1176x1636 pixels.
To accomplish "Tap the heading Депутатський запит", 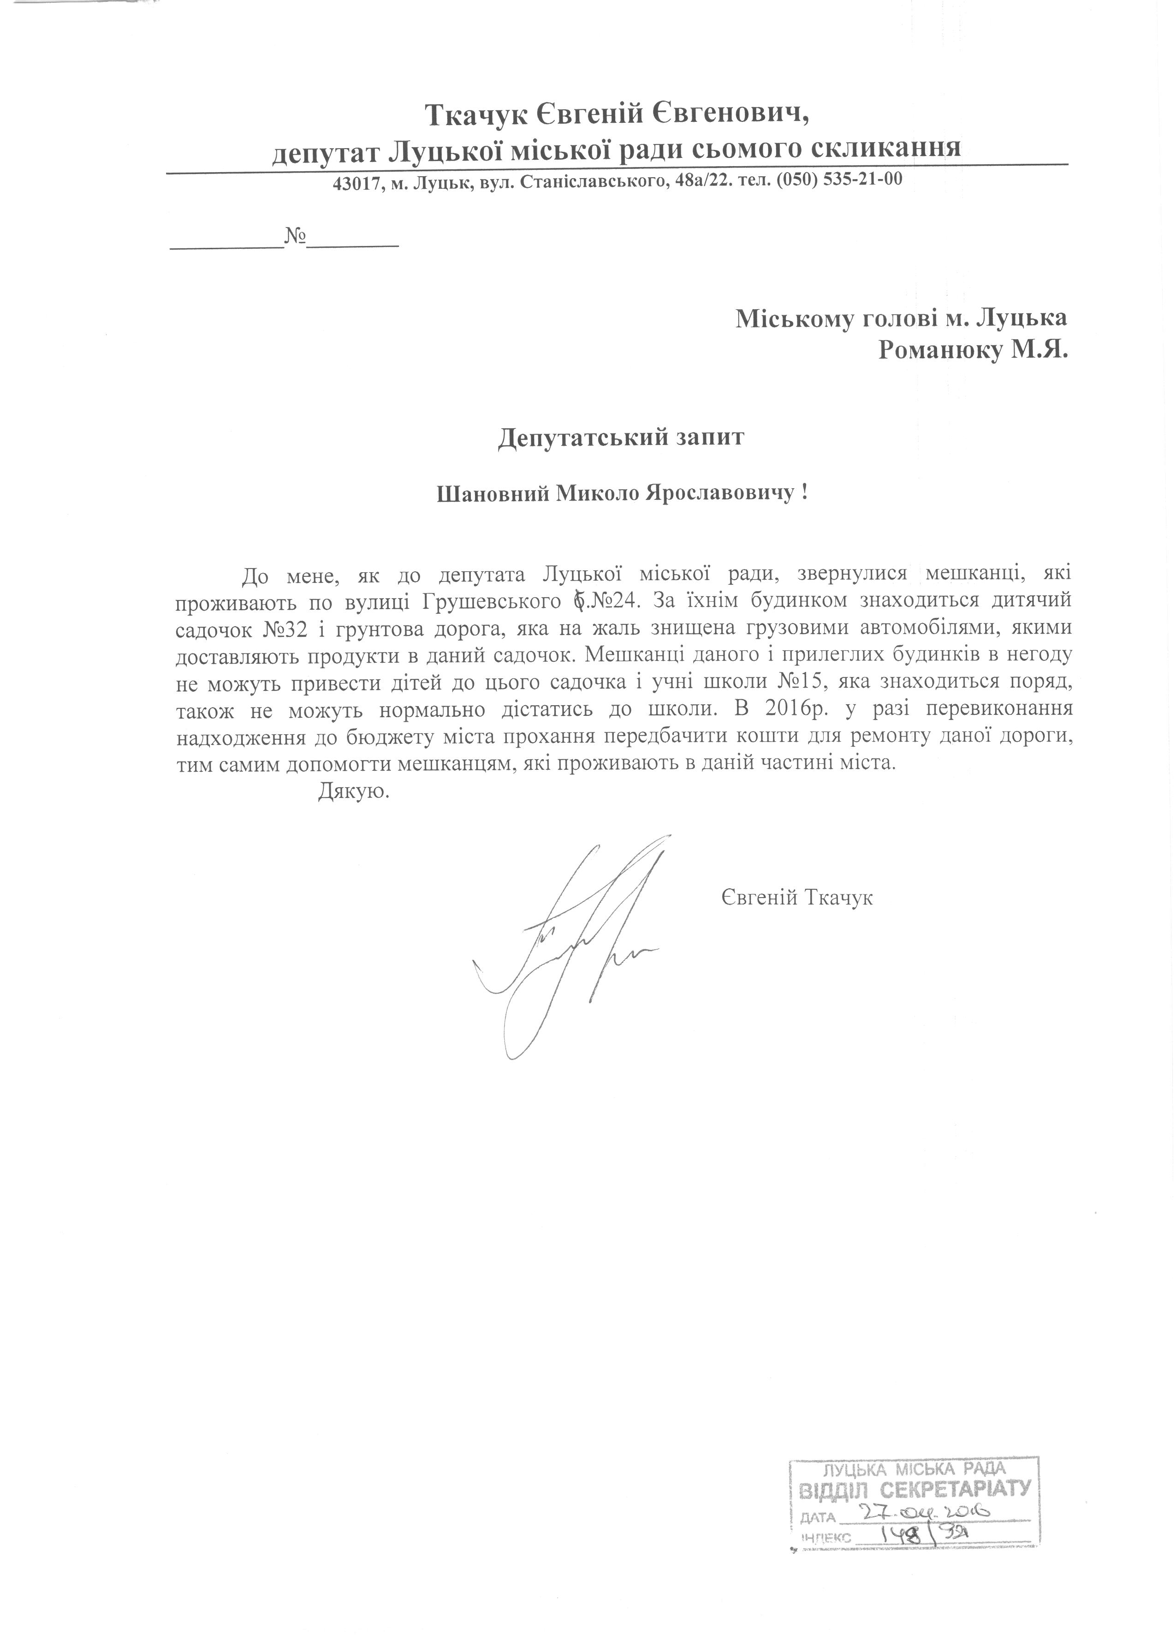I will point(620,438).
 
